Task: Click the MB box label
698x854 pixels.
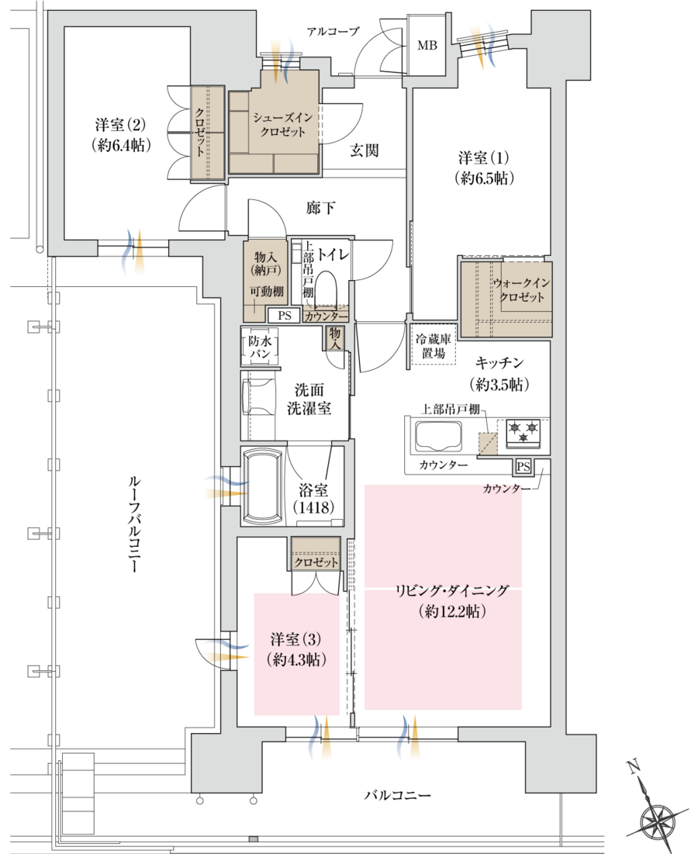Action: (427, 46)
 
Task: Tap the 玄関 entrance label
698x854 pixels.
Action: (364, 150)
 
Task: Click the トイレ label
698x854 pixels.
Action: (333, 253)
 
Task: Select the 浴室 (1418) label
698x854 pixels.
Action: (313, 499)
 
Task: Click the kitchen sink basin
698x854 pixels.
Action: (438, 437)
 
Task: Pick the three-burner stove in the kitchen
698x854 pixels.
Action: (523, 432)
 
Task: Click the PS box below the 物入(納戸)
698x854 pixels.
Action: (284, 316)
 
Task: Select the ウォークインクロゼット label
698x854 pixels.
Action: (520, 292)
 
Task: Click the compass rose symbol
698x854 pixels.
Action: (657, 819)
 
